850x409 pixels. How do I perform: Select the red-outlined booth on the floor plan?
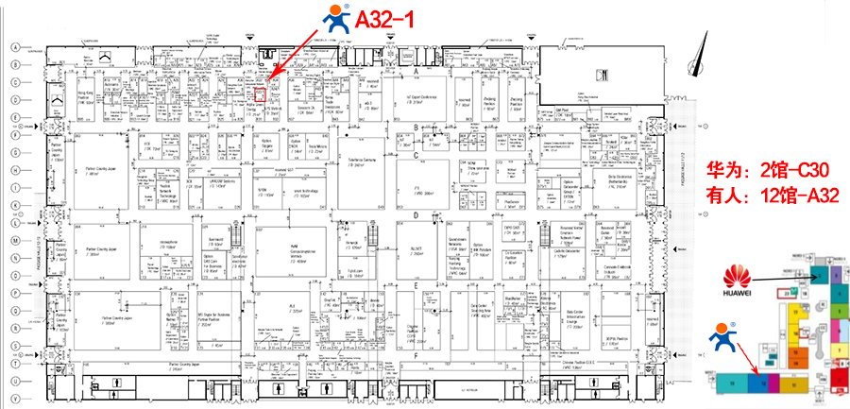point(262,93)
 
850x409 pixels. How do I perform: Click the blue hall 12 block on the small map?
point(758,382)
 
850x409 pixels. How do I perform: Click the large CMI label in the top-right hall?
point(601,75)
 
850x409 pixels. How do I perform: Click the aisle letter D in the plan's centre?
point(416,216)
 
